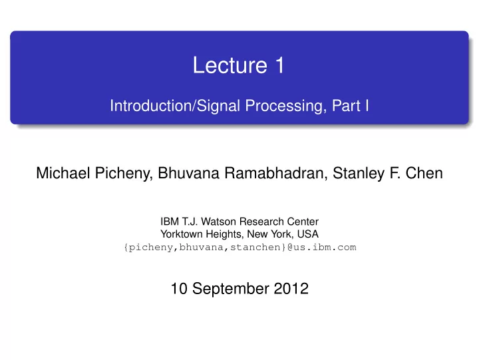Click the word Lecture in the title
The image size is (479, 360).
coord(230,65)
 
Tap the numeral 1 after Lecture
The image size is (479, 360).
coord(280,65)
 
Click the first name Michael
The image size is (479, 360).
coord(63,173)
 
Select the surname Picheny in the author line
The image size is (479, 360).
coord(124,174)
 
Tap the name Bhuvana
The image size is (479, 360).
coord(188,173)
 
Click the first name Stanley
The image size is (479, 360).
coord(359,174)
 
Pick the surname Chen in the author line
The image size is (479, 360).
coord(424,173)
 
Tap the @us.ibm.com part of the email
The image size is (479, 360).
coord(322,247)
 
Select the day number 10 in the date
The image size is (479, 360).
coord(179,289)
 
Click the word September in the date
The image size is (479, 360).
coord(231,289)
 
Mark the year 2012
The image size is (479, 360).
coord(291,289)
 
